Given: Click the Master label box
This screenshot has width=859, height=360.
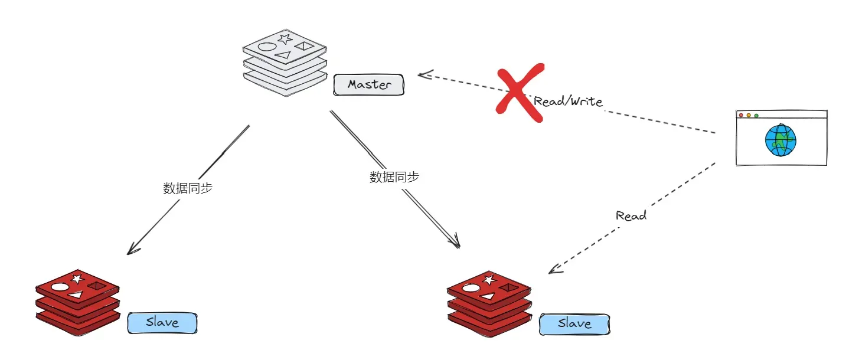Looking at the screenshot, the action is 368,85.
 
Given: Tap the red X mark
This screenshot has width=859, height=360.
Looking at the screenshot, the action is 520,93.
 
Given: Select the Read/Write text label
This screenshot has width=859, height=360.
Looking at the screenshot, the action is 568,102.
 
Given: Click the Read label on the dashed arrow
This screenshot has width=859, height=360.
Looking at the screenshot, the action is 631,215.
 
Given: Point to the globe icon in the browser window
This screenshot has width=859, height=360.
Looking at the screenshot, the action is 780,140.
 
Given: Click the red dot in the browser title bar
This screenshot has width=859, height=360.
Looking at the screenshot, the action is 741,116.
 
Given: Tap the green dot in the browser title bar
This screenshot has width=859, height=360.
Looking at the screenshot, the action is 756,116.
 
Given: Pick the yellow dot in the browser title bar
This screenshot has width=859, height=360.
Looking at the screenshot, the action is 749,116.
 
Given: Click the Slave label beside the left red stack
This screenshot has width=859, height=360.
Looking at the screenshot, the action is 162,323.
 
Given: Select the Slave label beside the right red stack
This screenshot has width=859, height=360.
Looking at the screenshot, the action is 574,325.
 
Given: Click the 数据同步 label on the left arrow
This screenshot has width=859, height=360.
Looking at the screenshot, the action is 188,188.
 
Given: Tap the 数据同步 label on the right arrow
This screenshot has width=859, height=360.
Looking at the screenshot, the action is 394,177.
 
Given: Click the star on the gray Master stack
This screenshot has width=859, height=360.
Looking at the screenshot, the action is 285,39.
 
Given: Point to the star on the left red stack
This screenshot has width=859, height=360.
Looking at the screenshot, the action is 77,279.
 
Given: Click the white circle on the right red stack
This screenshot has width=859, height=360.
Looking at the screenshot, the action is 471,288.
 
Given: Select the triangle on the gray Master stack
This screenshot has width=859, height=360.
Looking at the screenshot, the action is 283,55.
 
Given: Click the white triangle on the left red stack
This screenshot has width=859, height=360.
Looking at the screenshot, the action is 76,294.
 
